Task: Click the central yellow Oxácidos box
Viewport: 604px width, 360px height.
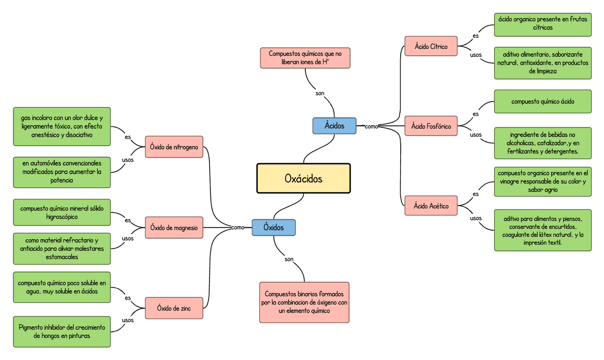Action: pos(303,178)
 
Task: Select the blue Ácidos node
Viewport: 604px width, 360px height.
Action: pos(334,126)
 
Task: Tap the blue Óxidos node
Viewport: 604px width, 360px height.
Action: pos(273,227)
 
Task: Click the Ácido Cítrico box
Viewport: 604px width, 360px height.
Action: pos(431,46)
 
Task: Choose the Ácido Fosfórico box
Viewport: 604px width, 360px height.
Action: pos(431,126)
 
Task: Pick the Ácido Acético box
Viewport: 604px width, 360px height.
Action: pos(431,206)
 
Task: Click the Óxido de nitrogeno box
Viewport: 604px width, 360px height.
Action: pos(174,147)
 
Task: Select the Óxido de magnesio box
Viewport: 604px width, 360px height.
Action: pos(174,228)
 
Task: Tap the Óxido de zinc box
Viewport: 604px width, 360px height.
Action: pos(174,309)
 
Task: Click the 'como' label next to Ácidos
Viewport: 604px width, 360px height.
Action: pos(371,126)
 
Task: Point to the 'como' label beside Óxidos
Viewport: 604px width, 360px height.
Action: pos(238,227)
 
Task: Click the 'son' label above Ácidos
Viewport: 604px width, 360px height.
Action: pos(320,93)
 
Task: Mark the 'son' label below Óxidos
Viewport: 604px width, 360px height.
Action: pos(289,260)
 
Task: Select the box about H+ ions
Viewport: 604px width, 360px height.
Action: pos(305,58)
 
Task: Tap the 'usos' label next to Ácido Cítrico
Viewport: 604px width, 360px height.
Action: pos(476,55)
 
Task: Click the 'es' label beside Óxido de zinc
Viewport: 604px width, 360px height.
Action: pos(128,298)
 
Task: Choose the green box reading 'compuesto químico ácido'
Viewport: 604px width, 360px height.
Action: pos(543,101)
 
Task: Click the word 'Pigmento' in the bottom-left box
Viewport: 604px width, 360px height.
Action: pos(33,327)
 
